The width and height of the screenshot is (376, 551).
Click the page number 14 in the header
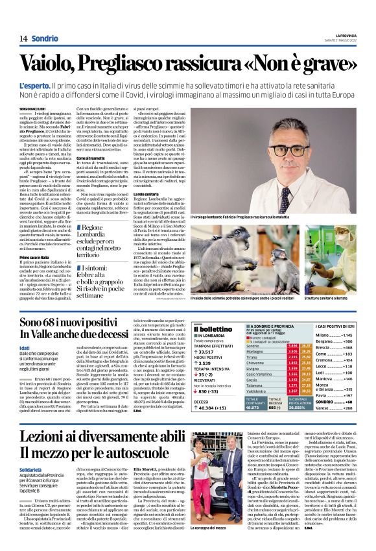coord(23,39)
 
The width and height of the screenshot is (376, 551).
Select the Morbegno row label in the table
coord(258,351)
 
